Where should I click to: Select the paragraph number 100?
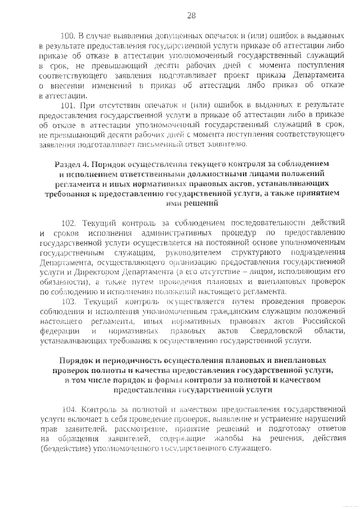[x=67, y=35]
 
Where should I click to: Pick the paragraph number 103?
[x=68, y=303]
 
